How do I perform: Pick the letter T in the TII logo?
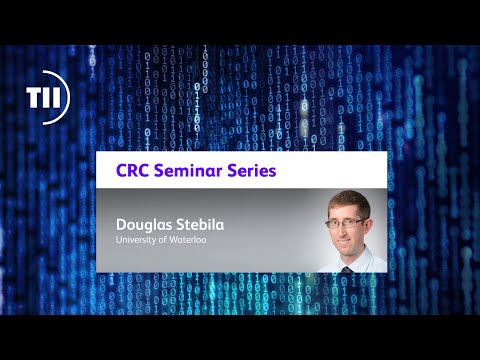(35, 97)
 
